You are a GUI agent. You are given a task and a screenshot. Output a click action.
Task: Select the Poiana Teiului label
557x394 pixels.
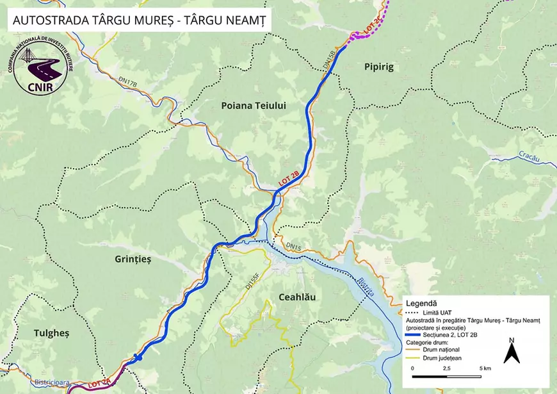pyautogui.click(x=254, y=106)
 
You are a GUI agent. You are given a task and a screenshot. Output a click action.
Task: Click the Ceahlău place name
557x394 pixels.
pyautogui.click(x=297, y=297)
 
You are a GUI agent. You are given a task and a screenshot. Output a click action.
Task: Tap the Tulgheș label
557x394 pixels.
pyautogui.click(x=42, y=333)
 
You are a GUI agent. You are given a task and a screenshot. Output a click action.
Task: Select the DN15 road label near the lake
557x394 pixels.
pyautogui.click(x=293, y=245)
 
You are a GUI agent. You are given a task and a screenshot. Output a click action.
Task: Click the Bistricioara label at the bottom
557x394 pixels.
pyautogui.click(x=47, y=382)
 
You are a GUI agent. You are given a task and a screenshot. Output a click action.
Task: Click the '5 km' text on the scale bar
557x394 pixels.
pyautogui.click(x=484, y=369)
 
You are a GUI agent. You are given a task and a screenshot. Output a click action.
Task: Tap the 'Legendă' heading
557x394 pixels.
pyautogui.click(x=420, y=302)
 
